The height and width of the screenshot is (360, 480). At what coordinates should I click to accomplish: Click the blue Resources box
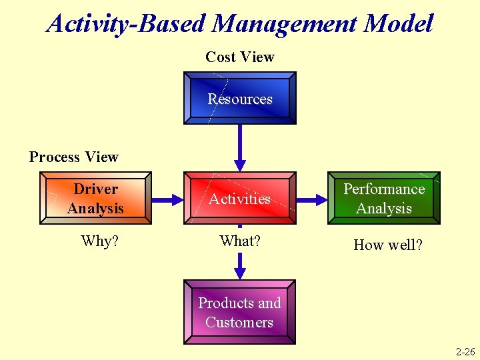pos(240,99)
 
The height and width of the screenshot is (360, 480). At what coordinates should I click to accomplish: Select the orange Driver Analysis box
pos(95,199)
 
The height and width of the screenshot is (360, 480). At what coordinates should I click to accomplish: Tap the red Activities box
pos(240,199)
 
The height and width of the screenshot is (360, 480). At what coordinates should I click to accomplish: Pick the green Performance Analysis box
pos(384,199)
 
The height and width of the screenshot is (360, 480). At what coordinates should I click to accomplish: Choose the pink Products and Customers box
pos(240,313)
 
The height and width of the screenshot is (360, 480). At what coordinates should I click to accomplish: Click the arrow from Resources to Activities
pos(240,148)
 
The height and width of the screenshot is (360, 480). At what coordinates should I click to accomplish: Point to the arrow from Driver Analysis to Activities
pos(168,199)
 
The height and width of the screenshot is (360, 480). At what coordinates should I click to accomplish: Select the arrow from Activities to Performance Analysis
pos(311,199)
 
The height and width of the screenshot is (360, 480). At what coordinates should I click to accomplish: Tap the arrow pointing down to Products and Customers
pos(240,265)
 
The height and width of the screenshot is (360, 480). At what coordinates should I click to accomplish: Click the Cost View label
pos(240,57)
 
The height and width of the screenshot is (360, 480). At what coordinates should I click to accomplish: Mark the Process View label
pos(74,157)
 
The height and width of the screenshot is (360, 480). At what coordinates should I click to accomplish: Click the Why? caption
pos(99,241)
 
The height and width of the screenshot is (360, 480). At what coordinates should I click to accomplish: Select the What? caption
pos(240,241)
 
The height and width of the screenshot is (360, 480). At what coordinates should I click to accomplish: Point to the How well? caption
pos(388,245)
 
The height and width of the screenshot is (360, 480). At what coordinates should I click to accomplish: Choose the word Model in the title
pos(399,24)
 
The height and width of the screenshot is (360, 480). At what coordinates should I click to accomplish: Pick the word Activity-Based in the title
pos(127,24)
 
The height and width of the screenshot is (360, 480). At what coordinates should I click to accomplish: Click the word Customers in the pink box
pos(239,323)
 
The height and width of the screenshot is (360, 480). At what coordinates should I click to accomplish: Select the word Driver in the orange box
pos(95,189)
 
